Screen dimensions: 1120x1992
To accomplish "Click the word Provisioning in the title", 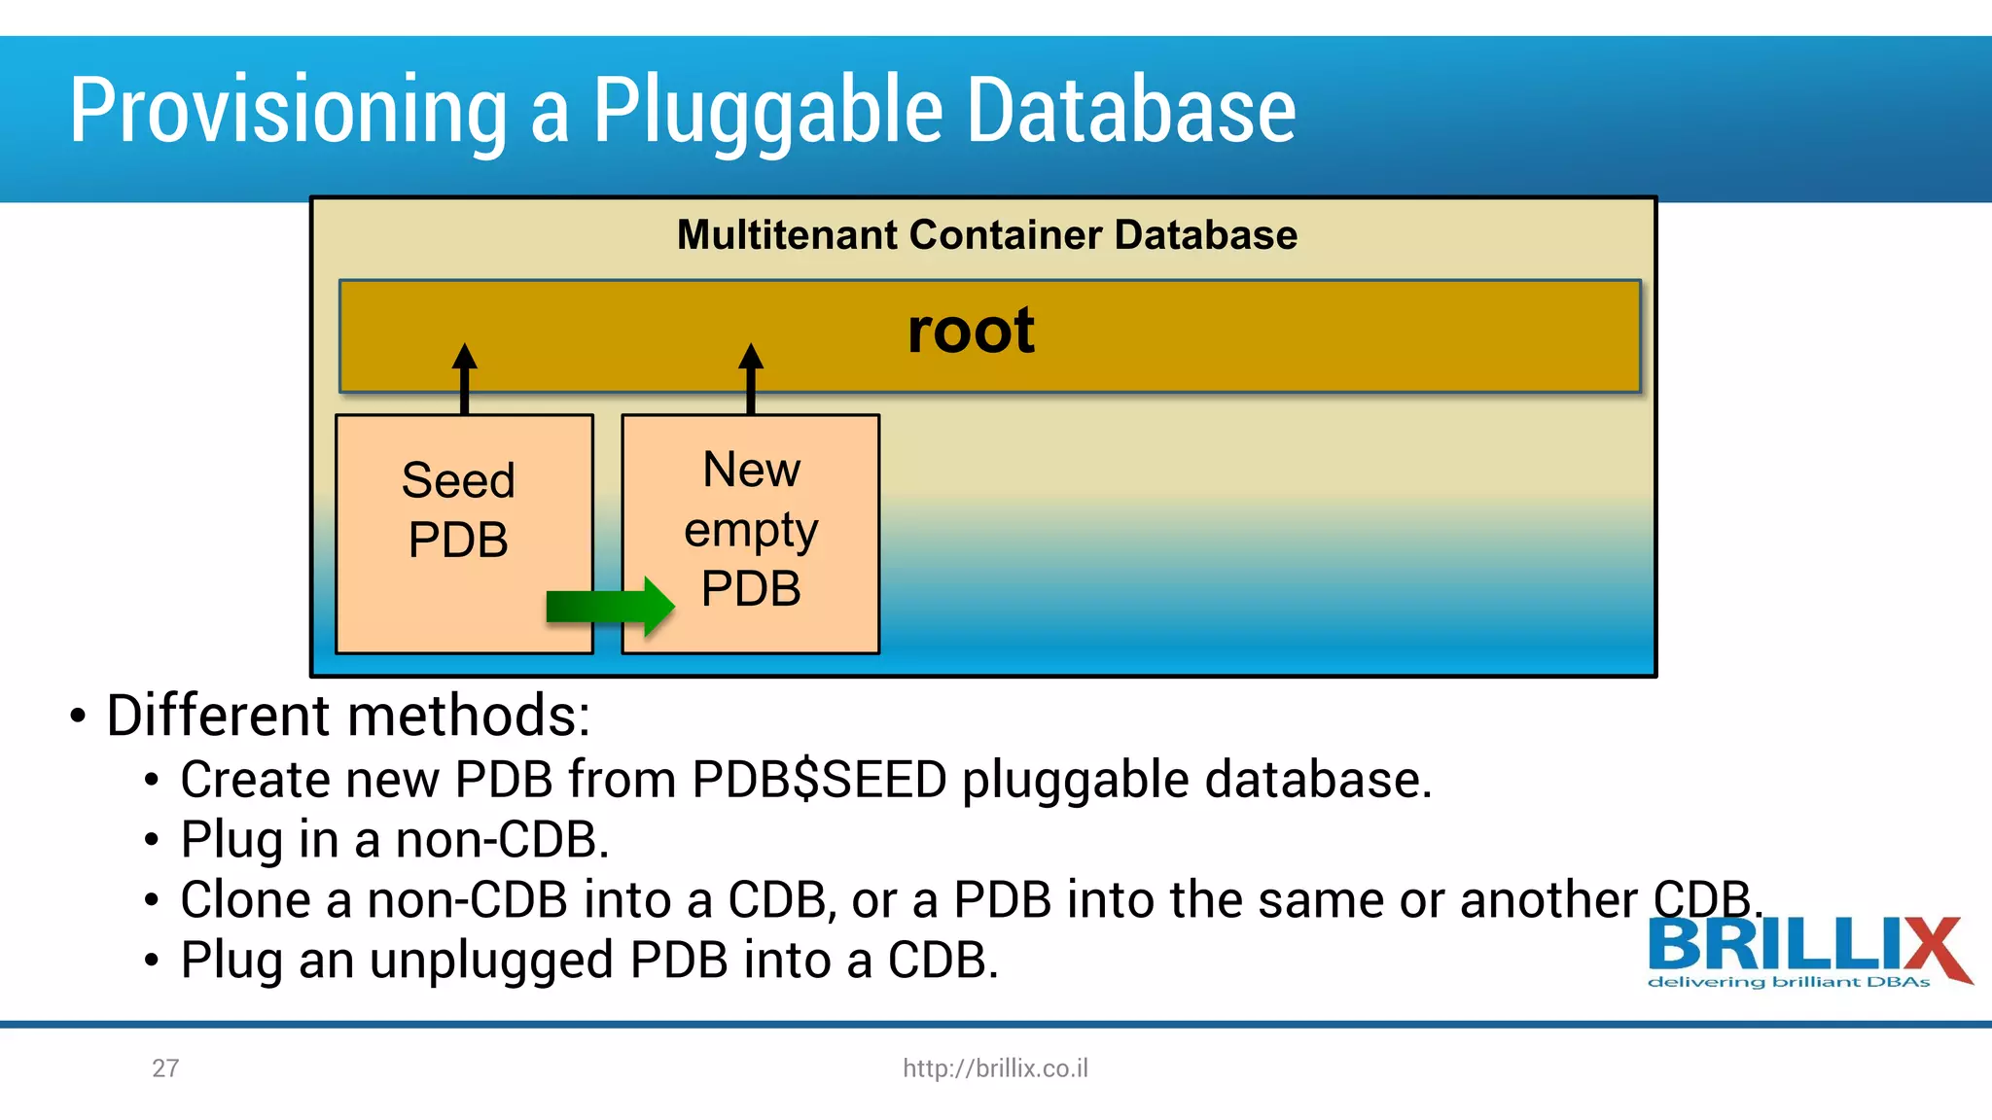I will click(288, 112).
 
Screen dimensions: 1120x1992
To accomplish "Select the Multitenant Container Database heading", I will click(986, 235).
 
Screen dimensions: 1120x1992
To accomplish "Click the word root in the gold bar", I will click(970, 331).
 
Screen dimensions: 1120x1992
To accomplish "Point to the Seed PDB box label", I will click(458, 509).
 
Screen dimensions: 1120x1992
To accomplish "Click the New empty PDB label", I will click(751, 529).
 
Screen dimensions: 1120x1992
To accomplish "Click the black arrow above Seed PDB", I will click(465, 378).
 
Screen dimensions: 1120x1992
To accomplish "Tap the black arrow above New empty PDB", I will click(751, 378).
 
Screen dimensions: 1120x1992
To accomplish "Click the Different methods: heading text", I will click(348, 716).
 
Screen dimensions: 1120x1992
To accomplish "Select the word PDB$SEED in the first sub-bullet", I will click(819, 780).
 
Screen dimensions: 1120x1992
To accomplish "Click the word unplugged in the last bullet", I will click(491, 960).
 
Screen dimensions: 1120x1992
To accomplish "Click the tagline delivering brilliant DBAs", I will click(1788, 983).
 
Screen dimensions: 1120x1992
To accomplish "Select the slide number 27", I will click(165, 1068).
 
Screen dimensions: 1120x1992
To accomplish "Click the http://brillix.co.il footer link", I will click(995, 1068).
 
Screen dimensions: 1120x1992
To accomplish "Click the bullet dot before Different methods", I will click(78, 717).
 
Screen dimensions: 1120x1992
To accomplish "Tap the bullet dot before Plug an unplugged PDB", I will click(151, 961).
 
